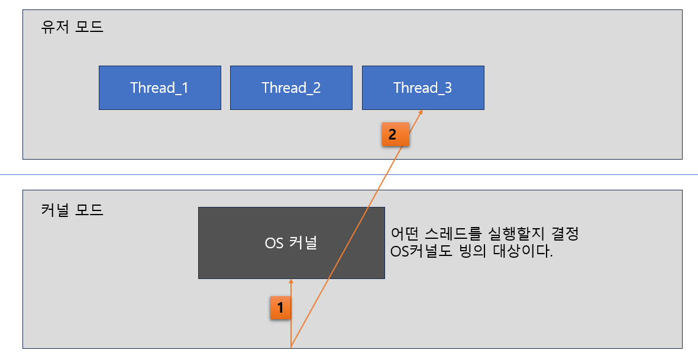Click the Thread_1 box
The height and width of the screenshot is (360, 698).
coord(160,88)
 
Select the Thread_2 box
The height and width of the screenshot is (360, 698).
coord(291,88)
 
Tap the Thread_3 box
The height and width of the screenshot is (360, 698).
coord(423,88)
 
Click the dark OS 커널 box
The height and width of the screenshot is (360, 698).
coord(291,243)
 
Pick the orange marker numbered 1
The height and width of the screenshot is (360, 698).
coord(280,307)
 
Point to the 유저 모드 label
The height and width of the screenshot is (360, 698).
coord(72,27)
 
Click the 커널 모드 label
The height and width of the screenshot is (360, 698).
coord(72,210)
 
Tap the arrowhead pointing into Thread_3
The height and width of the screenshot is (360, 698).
coord(421,112)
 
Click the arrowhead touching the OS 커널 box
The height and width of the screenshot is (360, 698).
coord(291,281)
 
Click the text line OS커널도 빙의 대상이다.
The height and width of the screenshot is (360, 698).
coord(471,252)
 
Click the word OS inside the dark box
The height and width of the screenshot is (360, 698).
coord(274,243)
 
